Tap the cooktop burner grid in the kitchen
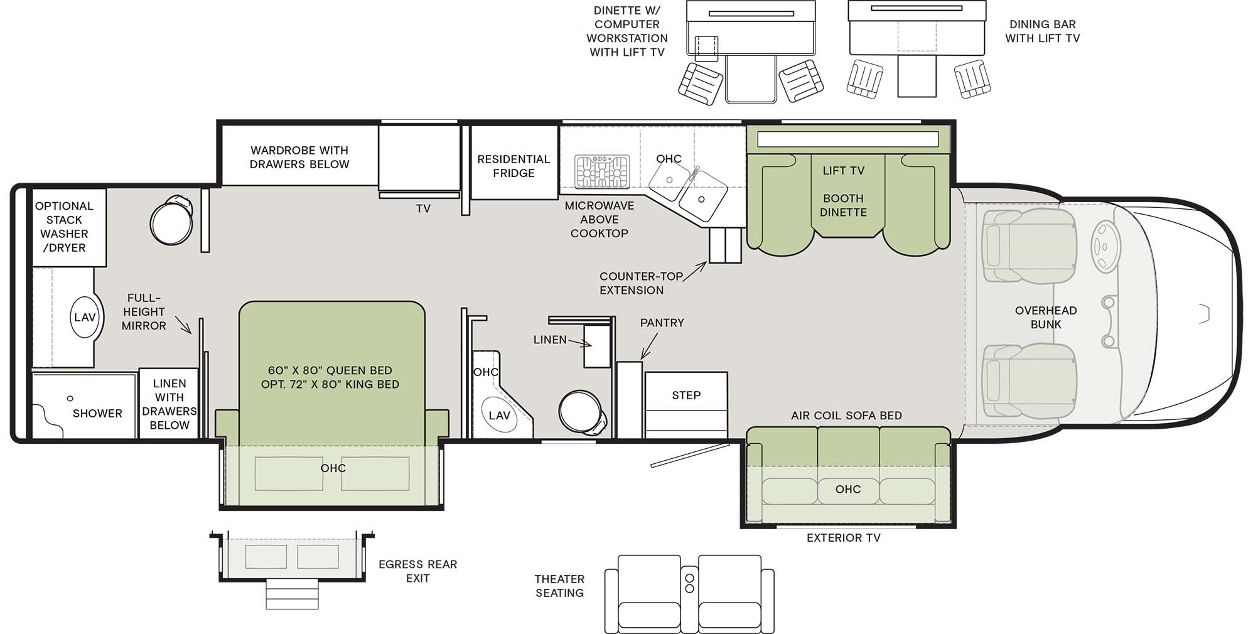pos(601,171)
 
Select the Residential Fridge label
pos(514,166)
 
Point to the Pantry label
pos(662,323)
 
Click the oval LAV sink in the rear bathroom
pos(85,317)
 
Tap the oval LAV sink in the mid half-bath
pos(500,415)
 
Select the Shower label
pos(97,413)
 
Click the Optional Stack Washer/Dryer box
pos(69,227)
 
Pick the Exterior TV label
pos(843,537)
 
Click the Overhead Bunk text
pos(1046,317)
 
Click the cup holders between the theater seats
pos(689,583)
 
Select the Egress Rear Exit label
pos(417,571)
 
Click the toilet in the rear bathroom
pos(171,221)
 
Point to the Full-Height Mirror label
pos(144,311)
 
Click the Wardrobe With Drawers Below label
pos(299,157)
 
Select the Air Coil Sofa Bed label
pos(846,416)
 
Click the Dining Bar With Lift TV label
pos(1042,31)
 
